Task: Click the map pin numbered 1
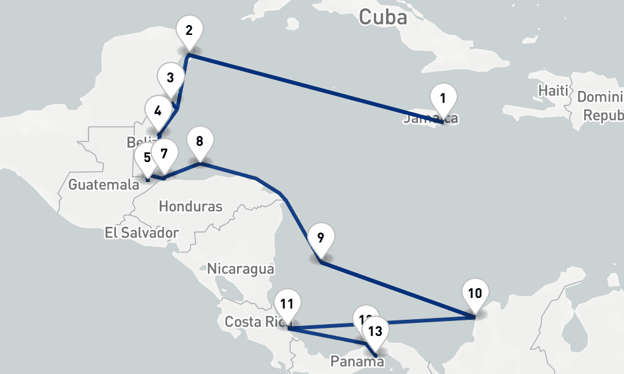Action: (443, 98)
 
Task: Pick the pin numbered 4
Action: (157, 111)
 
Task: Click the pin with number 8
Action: (199, 141)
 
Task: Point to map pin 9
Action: (320, 237)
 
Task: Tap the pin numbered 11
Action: (287, 304)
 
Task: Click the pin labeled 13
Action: (374, 331)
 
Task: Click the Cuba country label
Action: (383, 17)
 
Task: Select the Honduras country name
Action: (190, 206)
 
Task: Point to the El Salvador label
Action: (142, 233)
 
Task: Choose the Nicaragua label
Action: (240, 269)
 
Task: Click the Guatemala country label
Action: (103, 185)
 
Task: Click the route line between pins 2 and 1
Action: (312, 88)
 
